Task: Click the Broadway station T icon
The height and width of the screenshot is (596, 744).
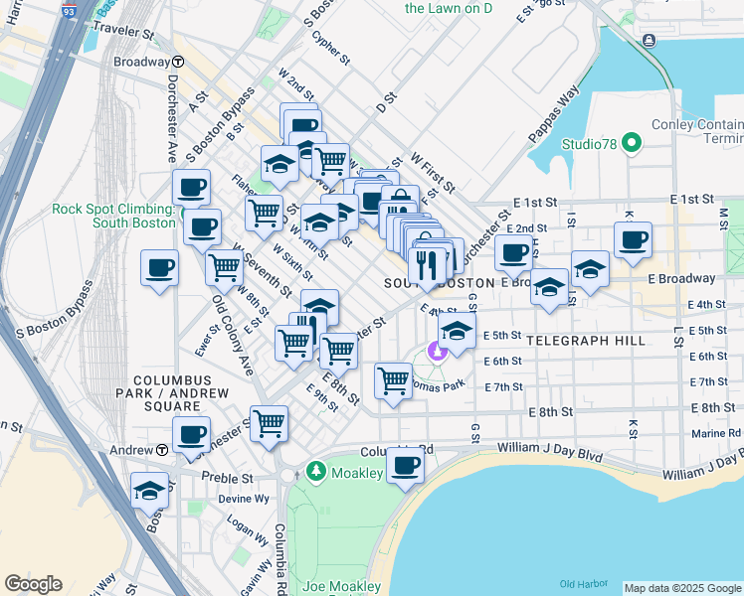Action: coord(176,62)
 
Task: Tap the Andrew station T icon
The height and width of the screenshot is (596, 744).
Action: coord(160,450)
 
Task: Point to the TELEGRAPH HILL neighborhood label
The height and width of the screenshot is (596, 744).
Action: coord(586,341)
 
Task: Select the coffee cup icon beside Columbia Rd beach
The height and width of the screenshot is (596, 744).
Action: coord(404,464)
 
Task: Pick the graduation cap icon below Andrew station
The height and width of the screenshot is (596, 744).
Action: coord(150,490)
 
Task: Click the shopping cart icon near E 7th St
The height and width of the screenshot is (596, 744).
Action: coord(394,380)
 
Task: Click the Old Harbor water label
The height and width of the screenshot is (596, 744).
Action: coord(581,583)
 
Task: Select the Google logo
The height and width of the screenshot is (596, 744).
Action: coord(33,584)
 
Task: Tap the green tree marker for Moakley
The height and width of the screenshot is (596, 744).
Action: coord(315,468)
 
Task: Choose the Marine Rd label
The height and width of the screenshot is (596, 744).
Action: coord(720,432)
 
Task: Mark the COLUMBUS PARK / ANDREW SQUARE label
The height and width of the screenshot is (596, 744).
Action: coord(173,393)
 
